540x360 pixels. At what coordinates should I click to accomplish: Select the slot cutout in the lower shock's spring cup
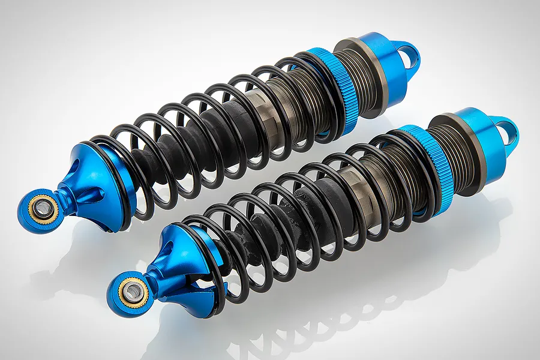pos(180,282)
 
